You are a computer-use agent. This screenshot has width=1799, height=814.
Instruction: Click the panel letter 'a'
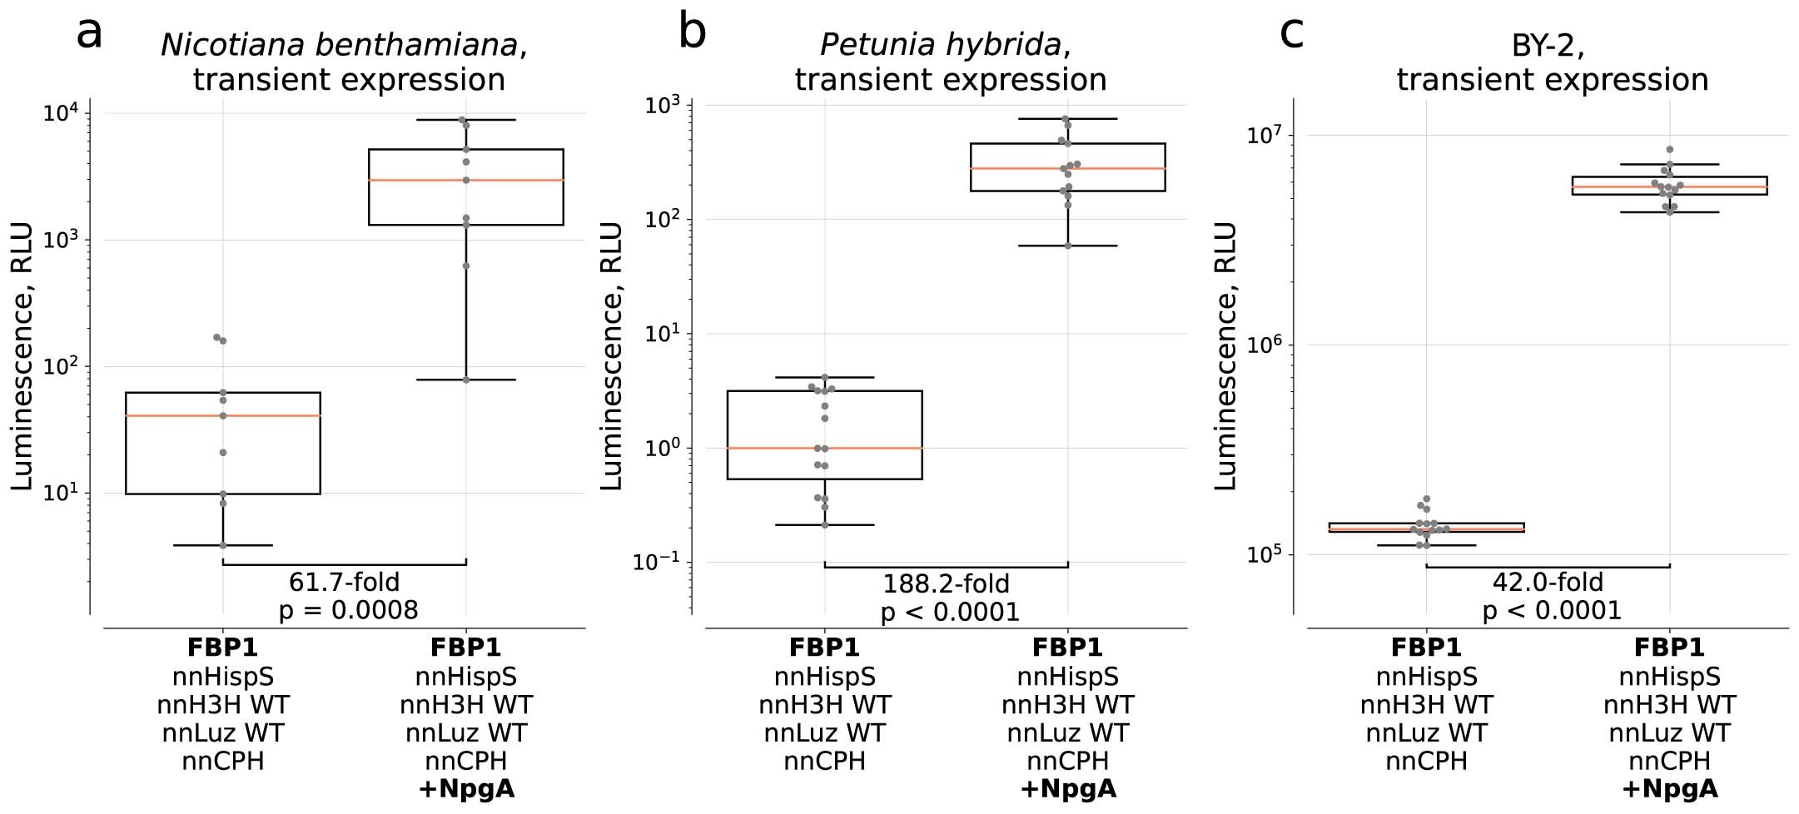89,34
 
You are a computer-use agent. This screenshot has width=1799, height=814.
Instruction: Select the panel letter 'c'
1291,33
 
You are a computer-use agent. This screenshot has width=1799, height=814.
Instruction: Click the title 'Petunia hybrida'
940,45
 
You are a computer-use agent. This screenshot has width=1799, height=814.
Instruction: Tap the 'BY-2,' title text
1548,46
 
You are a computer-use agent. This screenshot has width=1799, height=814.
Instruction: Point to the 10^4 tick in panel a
61,113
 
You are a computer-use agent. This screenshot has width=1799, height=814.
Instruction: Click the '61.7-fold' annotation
344,582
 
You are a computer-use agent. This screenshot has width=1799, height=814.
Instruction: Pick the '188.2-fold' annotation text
946,583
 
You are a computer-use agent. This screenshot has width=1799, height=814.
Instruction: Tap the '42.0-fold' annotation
1548,582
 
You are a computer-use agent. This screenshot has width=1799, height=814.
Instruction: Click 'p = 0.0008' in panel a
348,610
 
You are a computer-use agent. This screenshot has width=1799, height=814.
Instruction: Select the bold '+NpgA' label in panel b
1068,788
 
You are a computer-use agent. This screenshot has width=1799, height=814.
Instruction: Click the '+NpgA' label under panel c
1669,788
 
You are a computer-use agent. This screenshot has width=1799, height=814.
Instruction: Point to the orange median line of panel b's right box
1116,168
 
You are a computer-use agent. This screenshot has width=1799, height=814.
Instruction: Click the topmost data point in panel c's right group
1669,150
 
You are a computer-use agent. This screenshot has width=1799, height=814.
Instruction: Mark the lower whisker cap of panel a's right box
466,380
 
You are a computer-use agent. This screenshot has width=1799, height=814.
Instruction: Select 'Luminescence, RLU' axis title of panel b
612,355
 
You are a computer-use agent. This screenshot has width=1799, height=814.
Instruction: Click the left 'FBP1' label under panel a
222,648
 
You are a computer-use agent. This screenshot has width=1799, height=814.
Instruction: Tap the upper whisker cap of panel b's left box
825,378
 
